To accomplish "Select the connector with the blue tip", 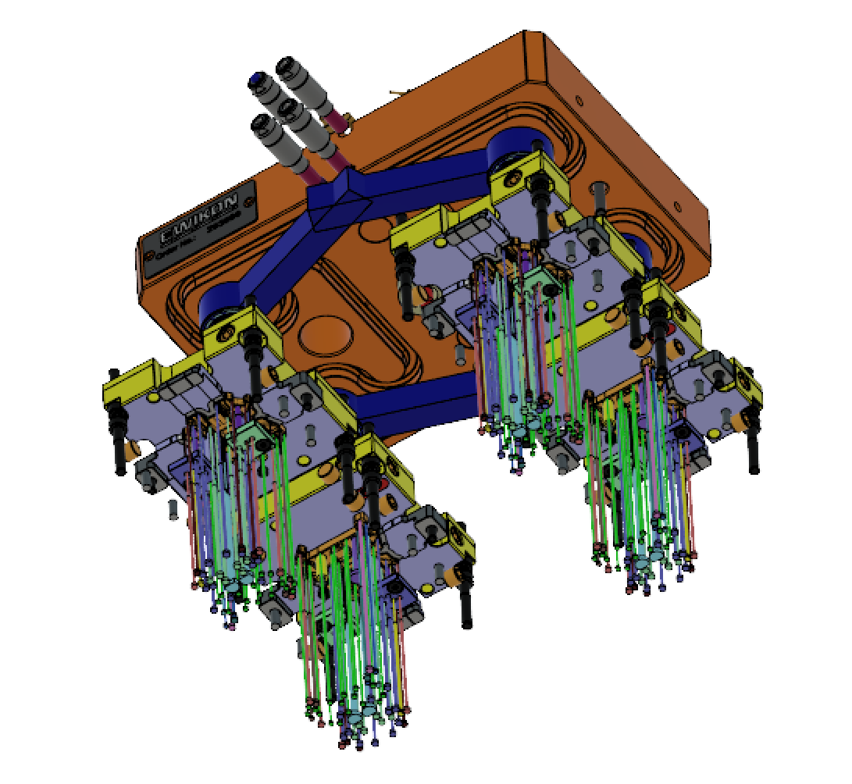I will click(x=256, y=80).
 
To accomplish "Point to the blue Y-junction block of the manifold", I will click(x=337, y=205).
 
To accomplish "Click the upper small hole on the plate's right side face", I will click(x=577, y=99).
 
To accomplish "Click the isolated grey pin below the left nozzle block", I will click(x=173, y=508).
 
